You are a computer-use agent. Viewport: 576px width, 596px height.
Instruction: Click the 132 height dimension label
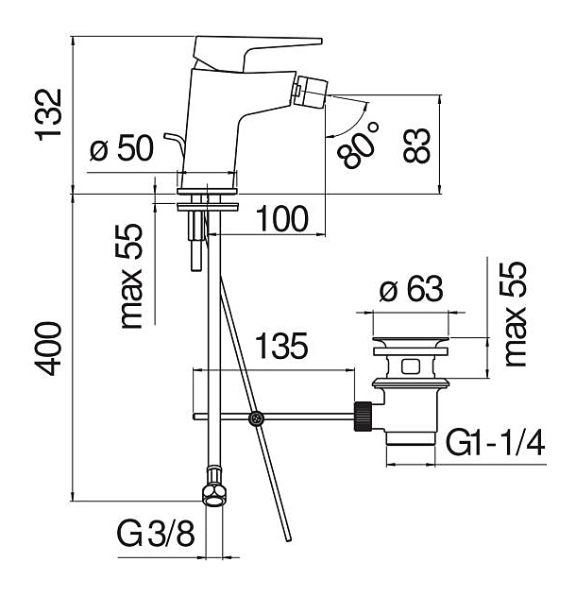point(48,113)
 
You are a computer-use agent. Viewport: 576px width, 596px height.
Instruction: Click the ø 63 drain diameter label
point(407,291)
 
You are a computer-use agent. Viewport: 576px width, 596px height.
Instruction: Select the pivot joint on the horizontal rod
point(255,417)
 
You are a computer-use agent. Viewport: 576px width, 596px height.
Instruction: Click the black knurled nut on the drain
point(363,416)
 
